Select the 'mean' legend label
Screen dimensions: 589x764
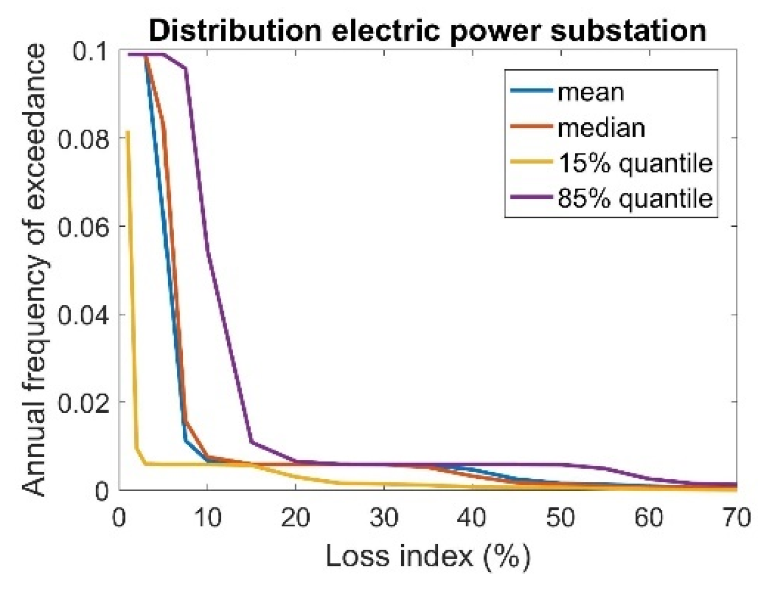[x=590, y=92]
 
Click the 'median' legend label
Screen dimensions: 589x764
[x=601, y=128]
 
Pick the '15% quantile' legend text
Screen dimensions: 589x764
[x=635, y=163]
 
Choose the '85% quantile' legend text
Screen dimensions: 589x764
[x=635, y=199]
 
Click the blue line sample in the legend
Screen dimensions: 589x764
[x=532, y=92]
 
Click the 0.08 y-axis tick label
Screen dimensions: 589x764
[x=83, y=139]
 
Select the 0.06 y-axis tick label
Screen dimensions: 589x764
[x=83, y=227]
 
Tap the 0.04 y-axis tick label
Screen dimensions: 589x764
[x=83, y=315]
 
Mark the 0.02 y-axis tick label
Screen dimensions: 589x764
[x=83, y=403]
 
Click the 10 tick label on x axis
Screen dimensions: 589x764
[x=207, y=518]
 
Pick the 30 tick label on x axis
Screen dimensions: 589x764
[x=384, y=518]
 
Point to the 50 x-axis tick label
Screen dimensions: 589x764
[x=560, y=518]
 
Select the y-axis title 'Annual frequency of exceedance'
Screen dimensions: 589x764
[x=35, y=270]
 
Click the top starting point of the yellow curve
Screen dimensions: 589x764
[x=128, y=131]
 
